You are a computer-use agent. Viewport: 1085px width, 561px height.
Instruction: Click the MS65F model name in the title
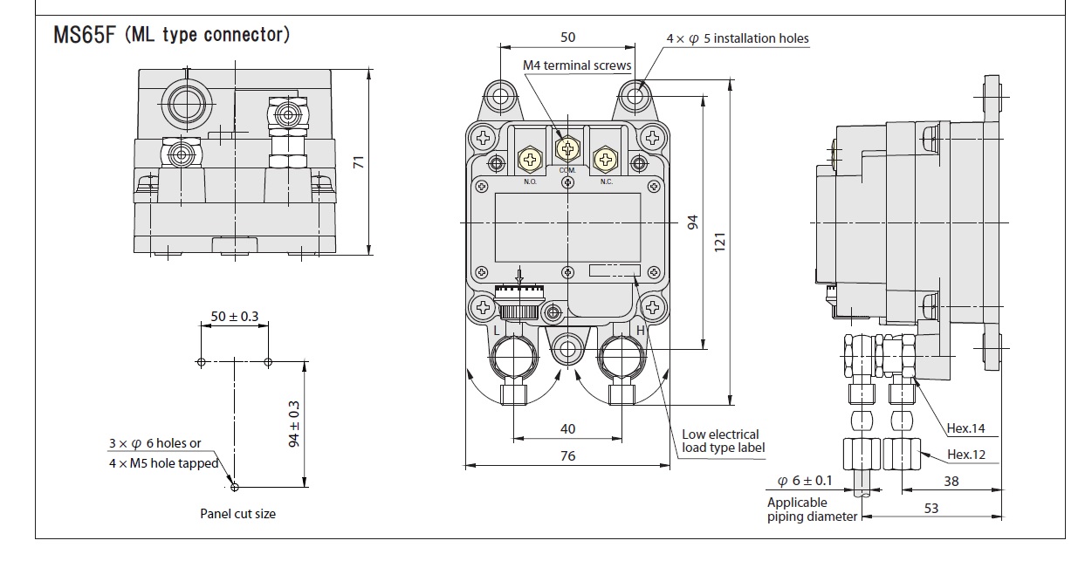[x=84, y=36]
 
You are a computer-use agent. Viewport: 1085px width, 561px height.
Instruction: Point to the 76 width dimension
[x=568, y=455]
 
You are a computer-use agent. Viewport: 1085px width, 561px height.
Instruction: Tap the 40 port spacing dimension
[x=568, y=428]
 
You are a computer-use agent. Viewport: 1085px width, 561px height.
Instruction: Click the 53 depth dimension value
[x=931, y=507]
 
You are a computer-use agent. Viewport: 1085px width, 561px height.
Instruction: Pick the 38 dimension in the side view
[x=951, y=480]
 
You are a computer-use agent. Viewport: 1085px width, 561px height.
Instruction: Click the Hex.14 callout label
[x=966, y=428]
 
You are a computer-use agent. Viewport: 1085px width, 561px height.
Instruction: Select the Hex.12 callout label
[x=966, y=455]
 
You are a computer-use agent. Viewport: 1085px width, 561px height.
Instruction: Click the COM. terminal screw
[x=568, y=149]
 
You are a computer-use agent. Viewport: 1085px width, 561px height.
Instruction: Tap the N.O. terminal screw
[x=530, y=158]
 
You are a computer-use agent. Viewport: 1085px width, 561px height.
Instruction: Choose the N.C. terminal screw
[x=605, y=158]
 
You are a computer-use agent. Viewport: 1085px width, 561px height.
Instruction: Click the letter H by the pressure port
[x=640, y=331]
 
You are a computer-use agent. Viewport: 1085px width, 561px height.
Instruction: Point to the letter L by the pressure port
[x=497, y=331]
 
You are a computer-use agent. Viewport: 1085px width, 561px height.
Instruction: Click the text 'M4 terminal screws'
[x=577, y=65]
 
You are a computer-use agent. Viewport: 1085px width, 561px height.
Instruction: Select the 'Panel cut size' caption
[x=237, y=514]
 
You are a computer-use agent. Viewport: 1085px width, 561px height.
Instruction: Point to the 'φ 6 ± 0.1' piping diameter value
[x=804, y=481]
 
